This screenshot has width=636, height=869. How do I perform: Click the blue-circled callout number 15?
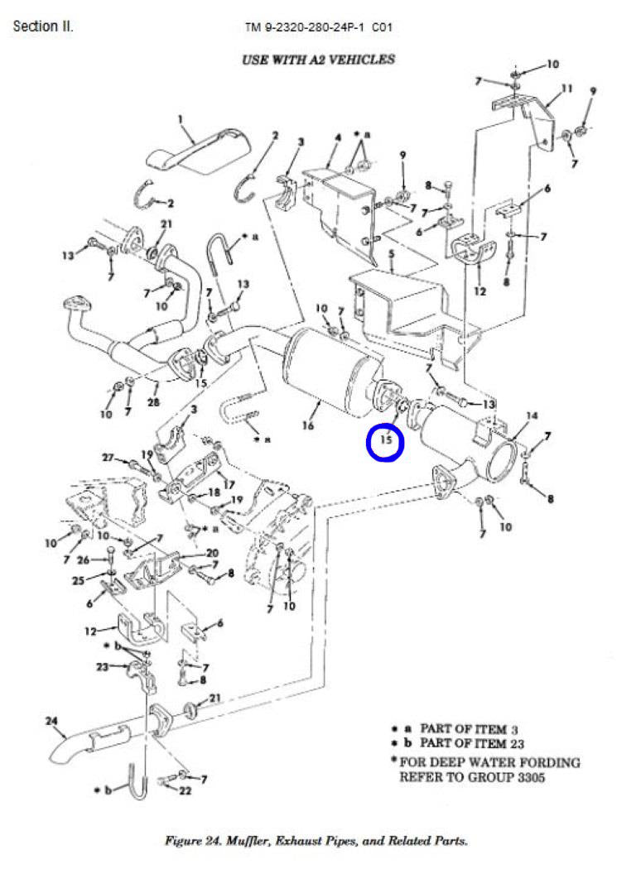point(385,441)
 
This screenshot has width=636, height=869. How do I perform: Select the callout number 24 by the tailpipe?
point(51,722)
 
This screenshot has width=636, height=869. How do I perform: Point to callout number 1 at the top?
point(180,119)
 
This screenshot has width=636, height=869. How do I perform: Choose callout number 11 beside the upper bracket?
point(566,88)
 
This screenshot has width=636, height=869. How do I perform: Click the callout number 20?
point(212,554)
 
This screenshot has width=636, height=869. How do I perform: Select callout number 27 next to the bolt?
point(108,458)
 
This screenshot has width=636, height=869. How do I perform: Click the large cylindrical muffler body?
point(327,364)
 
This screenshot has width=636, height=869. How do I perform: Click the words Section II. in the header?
point(43,26)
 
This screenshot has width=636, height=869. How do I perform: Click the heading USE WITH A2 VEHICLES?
point(318,60)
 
